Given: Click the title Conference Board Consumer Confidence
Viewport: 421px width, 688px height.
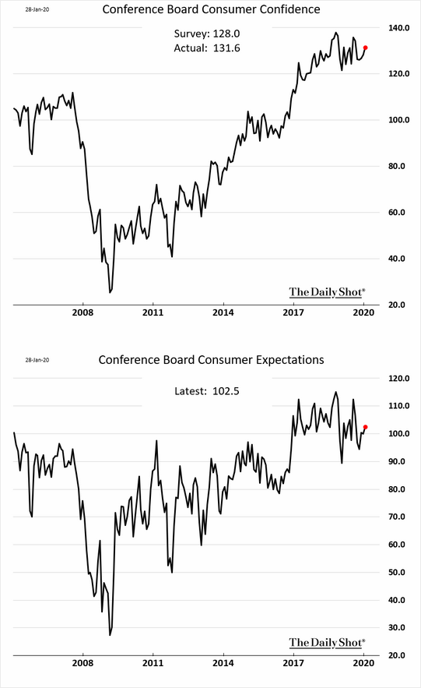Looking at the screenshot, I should coord(210,9).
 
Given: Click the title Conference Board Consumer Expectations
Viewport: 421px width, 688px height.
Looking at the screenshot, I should coord(210,360).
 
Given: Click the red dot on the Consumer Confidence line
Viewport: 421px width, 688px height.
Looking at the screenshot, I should coord(366,48).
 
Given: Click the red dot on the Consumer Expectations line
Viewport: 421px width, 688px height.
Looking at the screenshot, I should coord(366,427).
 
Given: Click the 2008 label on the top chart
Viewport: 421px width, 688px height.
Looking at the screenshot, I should coord(82,312).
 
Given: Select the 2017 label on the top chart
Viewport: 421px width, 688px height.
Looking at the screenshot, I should coord(293,312).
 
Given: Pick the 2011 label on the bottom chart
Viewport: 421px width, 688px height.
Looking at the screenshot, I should coord(153,664).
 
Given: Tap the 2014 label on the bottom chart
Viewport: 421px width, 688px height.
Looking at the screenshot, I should coord(223,664).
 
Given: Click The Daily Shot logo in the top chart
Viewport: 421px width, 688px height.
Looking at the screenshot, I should coord(327,292).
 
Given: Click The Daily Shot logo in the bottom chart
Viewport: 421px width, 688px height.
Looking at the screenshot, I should coord(327,642).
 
